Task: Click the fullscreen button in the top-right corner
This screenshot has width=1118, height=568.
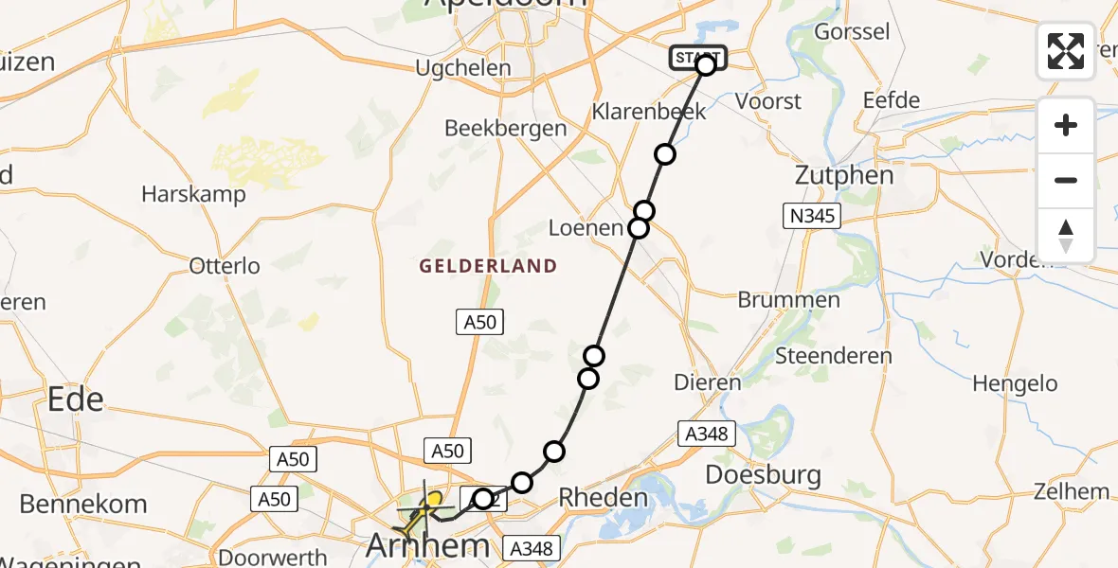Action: point(1066,50)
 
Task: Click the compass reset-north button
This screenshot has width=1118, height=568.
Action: point(1066,236)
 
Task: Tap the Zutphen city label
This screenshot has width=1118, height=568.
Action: point(832,175)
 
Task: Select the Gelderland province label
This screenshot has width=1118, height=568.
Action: point(489,266)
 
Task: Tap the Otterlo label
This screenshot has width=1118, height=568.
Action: point(225,266)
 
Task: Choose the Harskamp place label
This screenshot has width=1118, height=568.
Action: point(193,194)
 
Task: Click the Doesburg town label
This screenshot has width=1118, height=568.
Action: point(764,474)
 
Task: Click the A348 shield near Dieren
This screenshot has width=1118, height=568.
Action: point(706,434)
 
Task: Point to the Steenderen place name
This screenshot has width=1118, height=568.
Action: point(834,357)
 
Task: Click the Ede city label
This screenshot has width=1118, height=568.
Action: point(76,399)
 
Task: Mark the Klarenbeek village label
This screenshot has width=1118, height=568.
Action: point(649,111)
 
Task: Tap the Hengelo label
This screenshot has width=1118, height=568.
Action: point(1015,383)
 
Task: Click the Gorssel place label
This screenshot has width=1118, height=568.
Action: point(852,31)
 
